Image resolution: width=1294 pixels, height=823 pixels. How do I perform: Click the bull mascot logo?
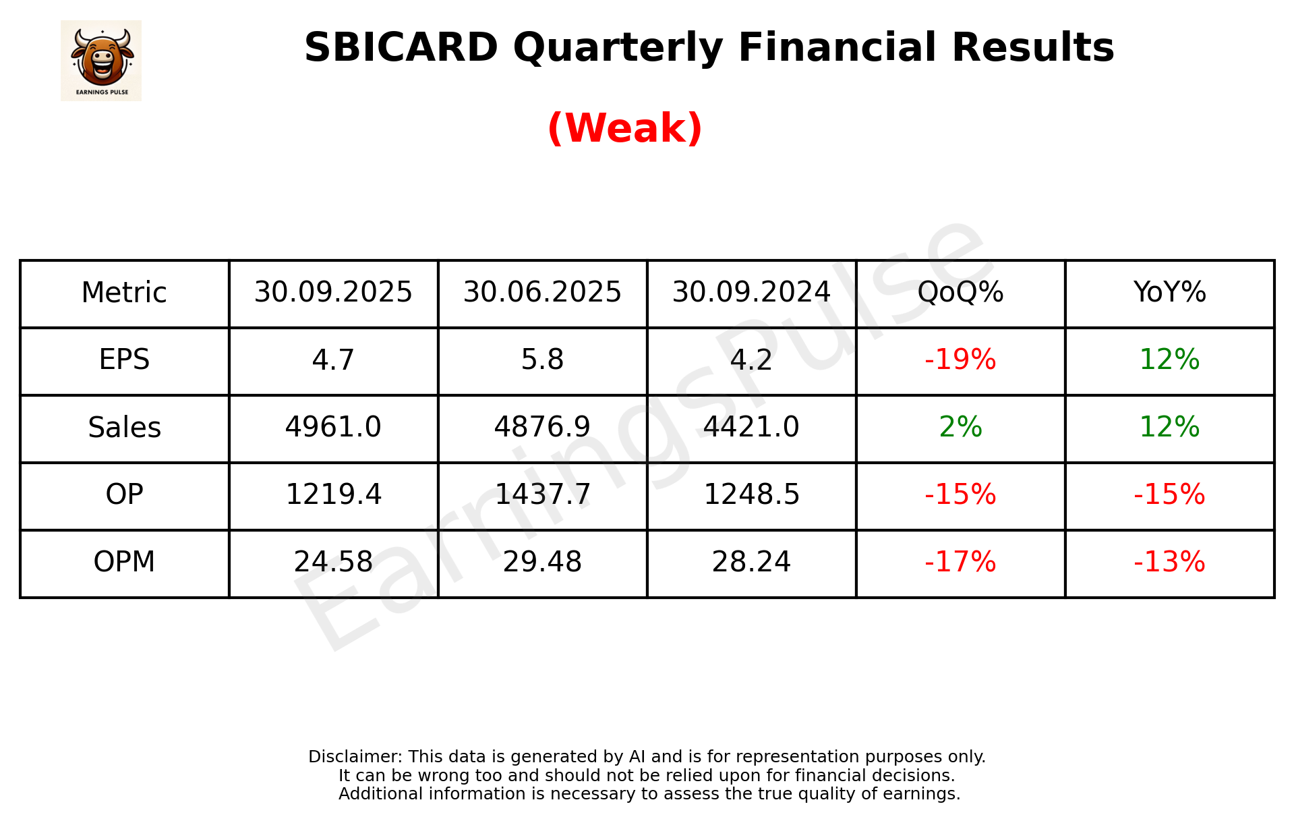pos(101,60)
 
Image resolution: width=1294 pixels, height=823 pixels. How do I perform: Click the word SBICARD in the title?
pos(401,48)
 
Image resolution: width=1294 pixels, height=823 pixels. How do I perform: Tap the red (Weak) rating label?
pos(624,127)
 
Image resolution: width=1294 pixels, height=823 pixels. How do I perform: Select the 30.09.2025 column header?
pos(333,293)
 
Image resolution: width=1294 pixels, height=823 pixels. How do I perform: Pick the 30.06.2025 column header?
pos(542,293)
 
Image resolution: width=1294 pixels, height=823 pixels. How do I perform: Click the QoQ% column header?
pos(960,293)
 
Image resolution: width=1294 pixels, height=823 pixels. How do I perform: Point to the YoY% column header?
pos(1169,293)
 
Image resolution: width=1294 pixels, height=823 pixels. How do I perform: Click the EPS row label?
pos(124,360)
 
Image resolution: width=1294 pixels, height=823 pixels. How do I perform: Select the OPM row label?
pos(124,562)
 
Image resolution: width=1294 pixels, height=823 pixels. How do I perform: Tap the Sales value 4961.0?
pos(333,427)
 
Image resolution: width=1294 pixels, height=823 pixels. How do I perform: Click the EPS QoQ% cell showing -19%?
pos(960,360)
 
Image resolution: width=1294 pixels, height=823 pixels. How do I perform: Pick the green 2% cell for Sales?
pos(960,427)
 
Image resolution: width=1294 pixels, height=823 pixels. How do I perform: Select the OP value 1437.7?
pos(542,494)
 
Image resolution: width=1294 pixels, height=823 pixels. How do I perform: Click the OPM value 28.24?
pos(751,562)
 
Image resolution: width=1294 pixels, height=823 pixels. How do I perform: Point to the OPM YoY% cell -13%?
pos(1169,562)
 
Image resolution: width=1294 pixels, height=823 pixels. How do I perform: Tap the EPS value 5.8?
pos(542,360)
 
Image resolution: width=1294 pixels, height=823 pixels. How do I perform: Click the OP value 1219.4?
pos(333,494)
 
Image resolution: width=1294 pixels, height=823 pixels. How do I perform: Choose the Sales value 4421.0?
pos(751,427)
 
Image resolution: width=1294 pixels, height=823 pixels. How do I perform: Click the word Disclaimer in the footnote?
pos(355,757)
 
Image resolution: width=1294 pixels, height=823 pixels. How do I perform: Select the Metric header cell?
pos(124,293)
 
